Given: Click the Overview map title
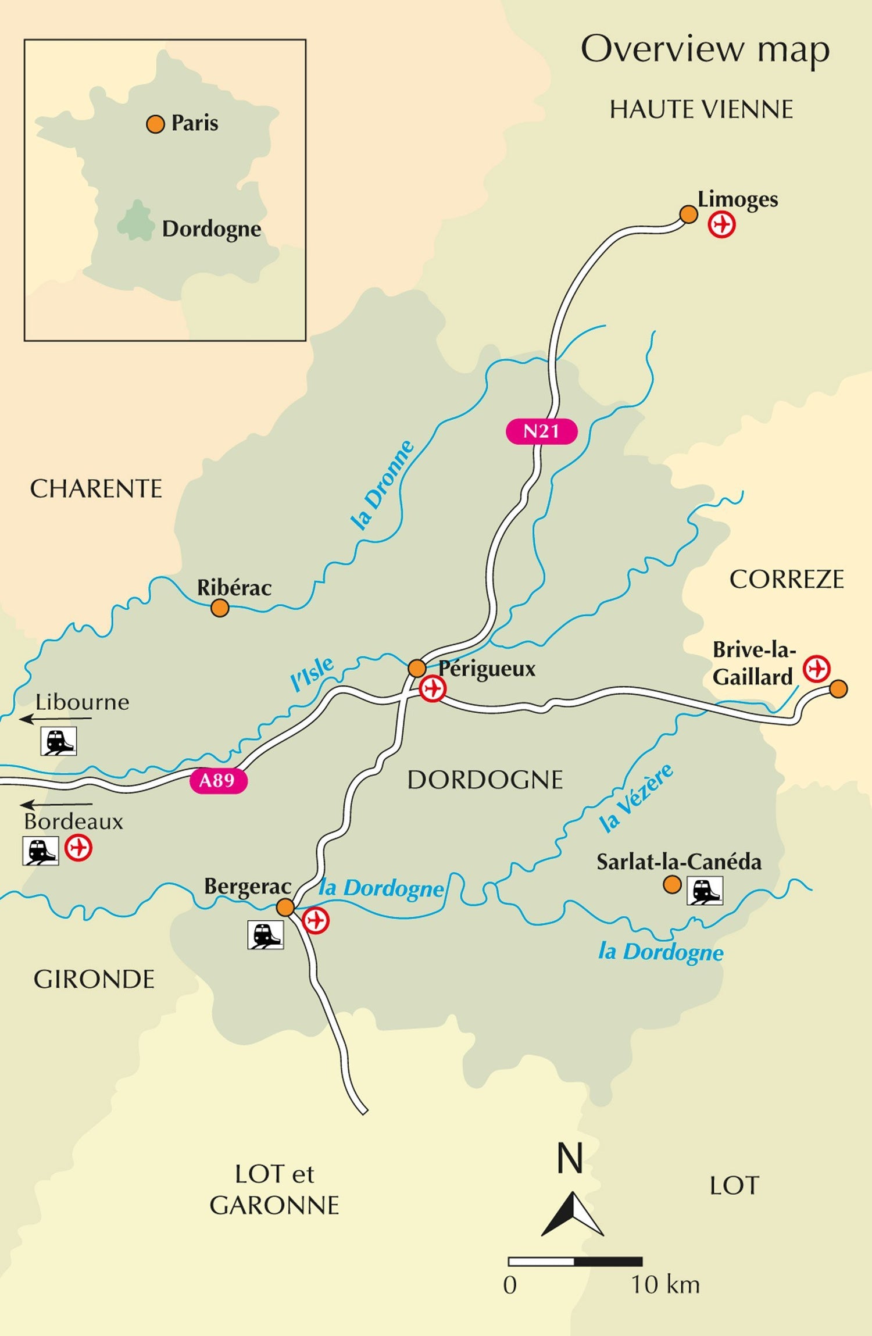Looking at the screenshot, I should pos(705,49).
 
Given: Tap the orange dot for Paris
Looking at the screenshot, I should pos(155,124).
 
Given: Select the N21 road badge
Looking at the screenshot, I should pos(541,431).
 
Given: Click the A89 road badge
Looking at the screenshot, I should pos(218,780).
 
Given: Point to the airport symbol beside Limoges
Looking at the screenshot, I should pos(721,224).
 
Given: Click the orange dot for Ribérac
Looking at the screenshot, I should pos(220,608).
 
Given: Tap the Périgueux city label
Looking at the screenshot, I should pos(487,669).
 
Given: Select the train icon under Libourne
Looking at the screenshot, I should pos(58,741).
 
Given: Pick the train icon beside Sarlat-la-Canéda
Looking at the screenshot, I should pos(705,890).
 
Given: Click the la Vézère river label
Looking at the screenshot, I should pos(637,798).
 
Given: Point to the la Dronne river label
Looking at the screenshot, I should pos(383,485).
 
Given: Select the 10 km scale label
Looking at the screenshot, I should pos(665,1284).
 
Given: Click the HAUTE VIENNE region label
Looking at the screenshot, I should pos(701,110).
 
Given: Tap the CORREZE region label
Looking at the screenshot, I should pos(786,580).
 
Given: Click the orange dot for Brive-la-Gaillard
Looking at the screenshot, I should pos(838,689).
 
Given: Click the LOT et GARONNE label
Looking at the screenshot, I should pos(274,1189).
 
